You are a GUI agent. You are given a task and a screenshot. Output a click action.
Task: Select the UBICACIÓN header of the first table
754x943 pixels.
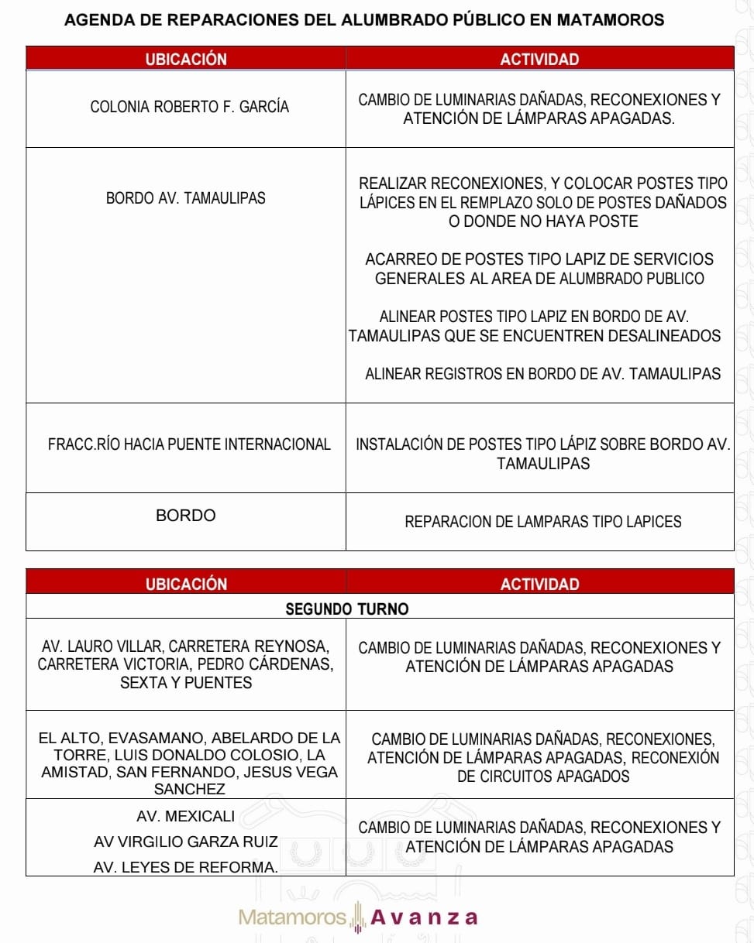click(x=186, y=59)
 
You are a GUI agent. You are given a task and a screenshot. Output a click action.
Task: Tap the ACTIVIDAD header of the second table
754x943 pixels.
click(x=539, y=584)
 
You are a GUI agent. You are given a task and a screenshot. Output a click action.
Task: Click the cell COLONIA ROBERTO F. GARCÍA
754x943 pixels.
click(x=190, y=107)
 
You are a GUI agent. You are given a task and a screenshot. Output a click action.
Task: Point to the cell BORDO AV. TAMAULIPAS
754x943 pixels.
click(x=186, y=198)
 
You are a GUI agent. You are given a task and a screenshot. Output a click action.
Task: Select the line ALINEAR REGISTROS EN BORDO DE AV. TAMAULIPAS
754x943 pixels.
click(x=542, y=374)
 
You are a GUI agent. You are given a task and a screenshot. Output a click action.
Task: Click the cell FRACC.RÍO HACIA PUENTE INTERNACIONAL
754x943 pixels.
click(x=189, y=444)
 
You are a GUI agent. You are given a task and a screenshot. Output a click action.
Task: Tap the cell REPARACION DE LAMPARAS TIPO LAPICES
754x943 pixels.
click(x=542, y=522)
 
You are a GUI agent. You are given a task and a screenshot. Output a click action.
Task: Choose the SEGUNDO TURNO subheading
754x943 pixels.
click(x=346, y=609)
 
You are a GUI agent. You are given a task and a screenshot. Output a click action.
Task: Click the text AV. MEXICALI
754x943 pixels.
click(x=186, y=816)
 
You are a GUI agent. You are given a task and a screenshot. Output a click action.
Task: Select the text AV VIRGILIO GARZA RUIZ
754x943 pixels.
click(x=186, y=842)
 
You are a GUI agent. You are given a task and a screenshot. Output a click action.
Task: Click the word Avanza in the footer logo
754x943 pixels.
click(x=424, y=917)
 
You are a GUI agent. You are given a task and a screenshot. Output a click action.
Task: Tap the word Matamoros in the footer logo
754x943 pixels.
click(x=292, y=917)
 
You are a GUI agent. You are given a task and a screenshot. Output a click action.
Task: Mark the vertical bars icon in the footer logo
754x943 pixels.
click(x=357, y=917)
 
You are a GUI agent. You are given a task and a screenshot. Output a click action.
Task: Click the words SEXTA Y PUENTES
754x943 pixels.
click(x=186, y=683)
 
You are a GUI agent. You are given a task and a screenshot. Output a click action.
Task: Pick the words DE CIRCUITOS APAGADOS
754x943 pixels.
click(x=542, y=776)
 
